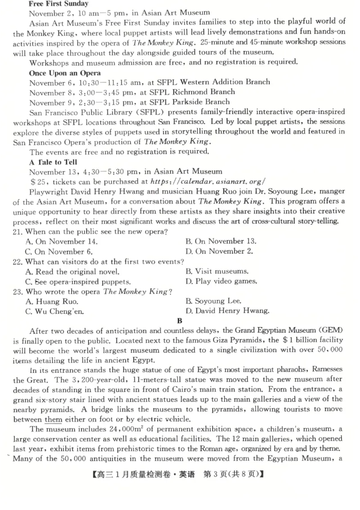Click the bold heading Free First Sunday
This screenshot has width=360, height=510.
pyautogui.click(x=58, y=4)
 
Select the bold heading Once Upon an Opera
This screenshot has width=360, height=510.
pyautogui.click(x=65, y=73)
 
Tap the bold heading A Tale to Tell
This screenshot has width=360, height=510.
pyautogui.click(x=53, y=162)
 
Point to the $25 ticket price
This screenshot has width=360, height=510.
pyautogui.click(x=38, y=181)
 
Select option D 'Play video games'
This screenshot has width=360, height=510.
pyautogui.click(x=221, y=281)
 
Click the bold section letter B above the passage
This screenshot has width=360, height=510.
pyautogui.click(x=180, y=321)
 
